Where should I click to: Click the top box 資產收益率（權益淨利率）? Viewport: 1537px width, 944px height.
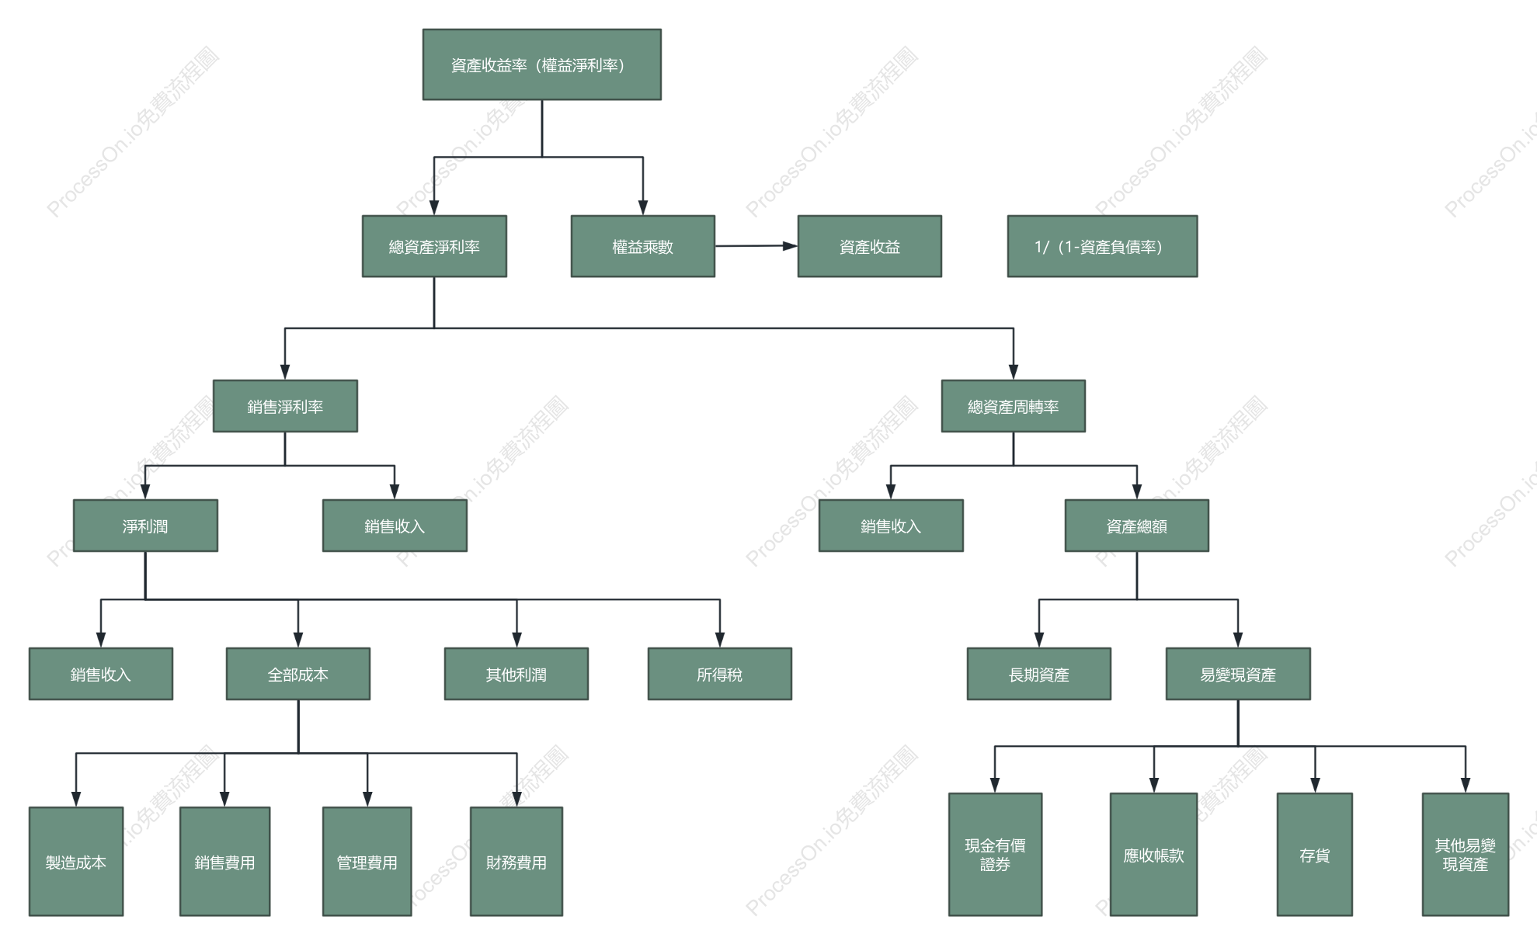(x=542, y=64)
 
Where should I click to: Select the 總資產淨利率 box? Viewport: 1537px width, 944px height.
(x=434, y=246)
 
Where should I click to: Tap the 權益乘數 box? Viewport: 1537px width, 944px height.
(x=643, y=246)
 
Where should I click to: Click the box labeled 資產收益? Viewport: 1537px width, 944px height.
(x=870, y=246)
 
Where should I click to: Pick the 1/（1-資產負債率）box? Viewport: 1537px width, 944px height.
(x=1102, y=246)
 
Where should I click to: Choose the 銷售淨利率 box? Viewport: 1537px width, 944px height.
(x=285, y=406)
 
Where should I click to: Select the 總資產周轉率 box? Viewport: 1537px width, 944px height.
(x=1014, y=406)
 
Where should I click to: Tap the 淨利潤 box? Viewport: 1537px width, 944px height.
(x=145, y=526)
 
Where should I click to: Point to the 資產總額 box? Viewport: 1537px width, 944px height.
(x=1137, y=526)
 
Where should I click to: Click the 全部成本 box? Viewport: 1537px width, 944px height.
(x=298, y=674)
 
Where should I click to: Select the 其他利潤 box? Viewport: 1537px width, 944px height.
(x=516, y=674)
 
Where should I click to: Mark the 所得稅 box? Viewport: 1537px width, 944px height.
(x=720, y=674)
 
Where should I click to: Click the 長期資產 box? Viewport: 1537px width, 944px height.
(x=1039, y=674)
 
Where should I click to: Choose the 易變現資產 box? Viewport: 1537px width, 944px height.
(x=1238, y=674)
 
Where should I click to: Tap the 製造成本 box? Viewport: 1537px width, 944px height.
(x=76, y=862)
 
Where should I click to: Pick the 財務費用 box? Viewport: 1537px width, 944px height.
(x=516, y=862)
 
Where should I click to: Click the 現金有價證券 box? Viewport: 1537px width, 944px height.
(x=995, y=855)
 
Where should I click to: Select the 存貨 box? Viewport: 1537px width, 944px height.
(x=1315, y=855)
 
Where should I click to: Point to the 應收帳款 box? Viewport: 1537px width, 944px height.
(x=1154, y=855)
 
